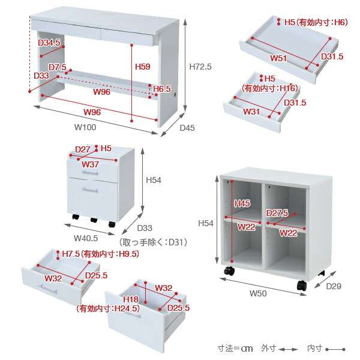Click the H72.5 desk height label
click(x=200, y=67)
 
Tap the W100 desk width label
click(x=85, y=127)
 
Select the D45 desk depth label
click(x=187, y=128)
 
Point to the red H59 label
click(x=143, y=67)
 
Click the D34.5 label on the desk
click(x=49, y=42)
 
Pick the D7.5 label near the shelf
click(x=58, y=67)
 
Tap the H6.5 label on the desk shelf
click(x=162, y=89)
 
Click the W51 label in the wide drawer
click(x=278, y=58)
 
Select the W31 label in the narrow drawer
click(x=251, y=112)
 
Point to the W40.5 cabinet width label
click(x=86, y=238)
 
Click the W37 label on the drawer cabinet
click(x=90, y=164)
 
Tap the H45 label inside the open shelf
click(x=242, y=203)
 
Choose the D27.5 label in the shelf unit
click(x=277, y=213)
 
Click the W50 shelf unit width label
click(x=258, y=293)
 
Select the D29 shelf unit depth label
click(x=334, y=286)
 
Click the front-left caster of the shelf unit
click(x=229, y=271)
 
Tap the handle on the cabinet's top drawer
click(x=90, y=173)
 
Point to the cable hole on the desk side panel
click(x=176, y=95)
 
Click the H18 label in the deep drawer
click(x=131, y=299)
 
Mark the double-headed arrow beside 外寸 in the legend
click(x=288, y=349)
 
